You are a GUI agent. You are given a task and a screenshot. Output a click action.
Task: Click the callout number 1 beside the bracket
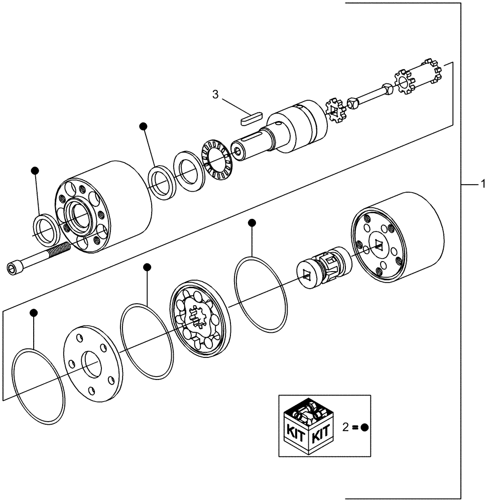point(483,184)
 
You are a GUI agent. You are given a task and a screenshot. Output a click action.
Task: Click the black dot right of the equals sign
point(365,428)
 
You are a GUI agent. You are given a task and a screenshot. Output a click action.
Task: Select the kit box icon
point(306,425)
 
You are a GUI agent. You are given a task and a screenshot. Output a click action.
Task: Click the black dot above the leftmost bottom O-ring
point(34,313)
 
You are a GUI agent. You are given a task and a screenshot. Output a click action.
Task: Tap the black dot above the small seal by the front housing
point(35,171)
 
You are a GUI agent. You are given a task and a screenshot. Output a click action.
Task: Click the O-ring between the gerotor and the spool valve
point(261,294)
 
